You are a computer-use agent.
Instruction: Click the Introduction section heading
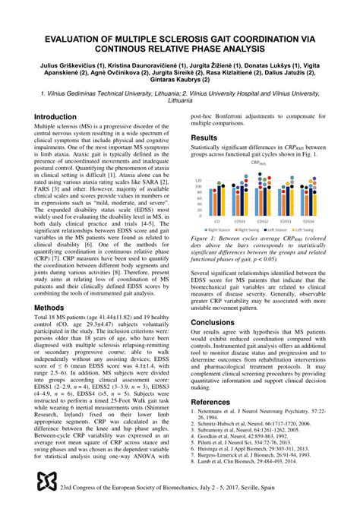click(x=60, y=117)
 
